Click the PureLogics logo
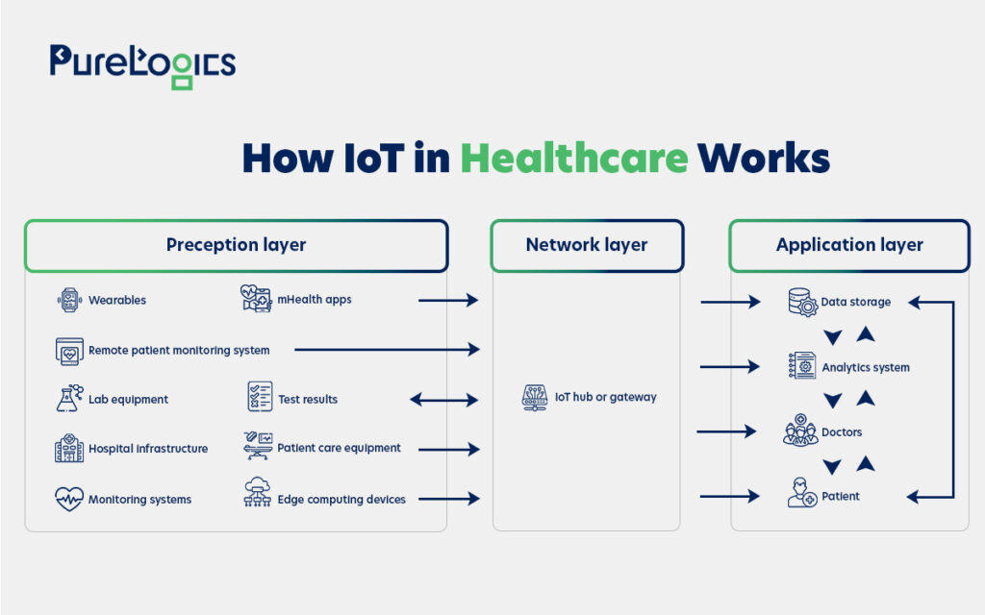tap(142, 66)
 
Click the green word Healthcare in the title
tap(574, 158)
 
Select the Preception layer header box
tap(237, 245)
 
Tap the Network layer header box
tap(587, 245)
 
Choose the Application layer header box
tap(849, 245)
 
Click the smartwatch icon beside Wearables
tap(69, 300)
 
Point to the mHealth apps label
tap(315, 300)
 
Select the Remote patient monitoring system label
tap(179, 350)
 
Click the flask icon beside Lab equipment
tap(69, 399)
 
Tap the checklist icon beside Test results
tap(260, 397)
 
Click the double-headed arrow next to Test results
tap(444, 400)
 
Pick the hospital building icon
tap(69, 448)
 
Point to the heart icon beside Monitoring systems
tap(69, 499)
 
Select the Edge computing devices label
tap(341, 500)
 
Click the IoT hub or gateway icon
tap(535, 398)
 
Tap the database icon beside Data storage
tap(803, 302)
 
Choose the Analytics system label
tap(866, 368)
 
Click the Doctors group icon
tap(800, 430)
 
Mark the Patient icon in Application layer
tap(801, 493)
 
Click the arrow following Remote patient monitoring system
tap(387, 350)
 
